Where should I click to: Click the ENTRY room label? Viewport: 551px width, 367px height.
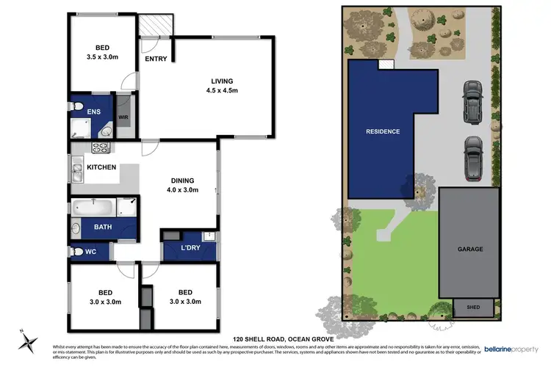(x=155, y=59)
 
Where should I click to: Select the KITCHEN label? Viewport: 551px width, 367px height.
(x=101, y=168)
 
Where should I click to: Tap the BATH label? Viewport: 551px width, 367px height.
(x=102, y=227)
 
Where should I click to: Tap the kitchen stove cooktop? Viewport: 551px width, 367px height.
(x=99, y=149)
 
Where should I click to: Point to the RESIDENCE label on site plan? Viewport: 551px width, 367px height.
(x=383, y=131)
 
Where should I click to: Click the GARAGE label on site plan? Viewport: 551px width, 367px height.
(x=470, y=249)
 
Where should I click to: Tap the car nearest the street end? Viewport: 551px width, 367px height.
(x=472, y=102)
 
